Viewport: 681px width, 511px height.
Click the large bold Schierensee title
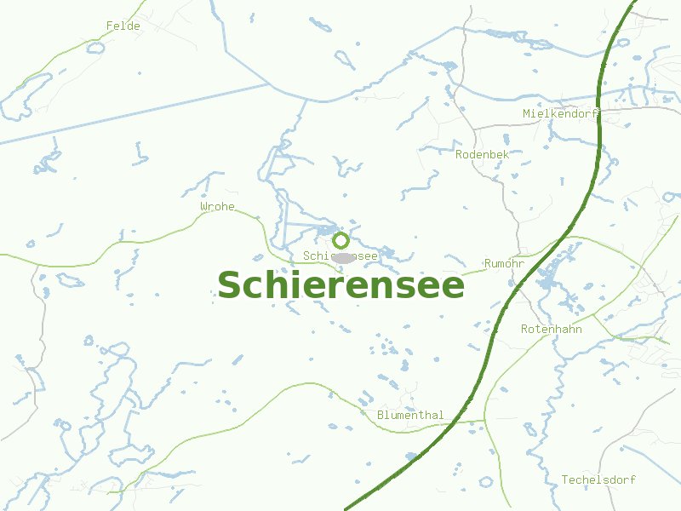(x=340, y=285)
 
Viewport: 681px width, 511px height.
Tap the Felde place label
(x=123, y=26)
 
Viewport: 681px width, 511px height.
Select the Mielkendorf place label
(x=561, y=113)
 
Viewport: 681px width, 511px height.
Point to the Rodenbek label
(x=482, y=154)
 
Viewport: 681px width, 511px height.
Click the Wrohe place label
(x=217, y=207)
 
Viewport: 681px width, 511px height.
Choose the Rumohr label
(x=504, y=264)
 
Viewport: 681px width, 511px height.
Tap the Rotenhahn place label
(x=552, y=329)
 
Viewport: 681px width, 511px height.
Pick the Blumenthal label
(x=410, y=416)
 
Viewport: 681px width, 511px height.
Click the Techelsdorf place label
(x=598, y=480)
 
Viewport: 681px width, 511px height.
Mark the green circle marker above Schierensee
(x=340, y=240)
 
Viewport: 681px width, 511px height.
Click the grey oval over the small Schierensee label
(x=343, y=256)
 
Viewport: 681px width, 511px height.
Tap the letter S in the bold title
(x=231, y=286)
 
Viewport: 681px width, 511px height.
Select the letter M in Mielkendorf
(x=527, y=113)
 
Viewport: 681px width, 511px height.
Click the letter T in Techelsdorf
(x=565, y=480)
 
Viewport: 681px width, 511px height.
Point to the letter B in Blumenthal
(x=381, y=416)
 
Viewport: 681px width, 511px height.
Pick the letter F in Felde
(x=110, y=26)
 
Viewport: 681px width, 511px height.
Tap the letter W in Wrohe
(x=204, y=207)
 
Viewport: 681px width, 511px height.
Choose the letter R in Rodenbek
(x=460, y=154)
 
